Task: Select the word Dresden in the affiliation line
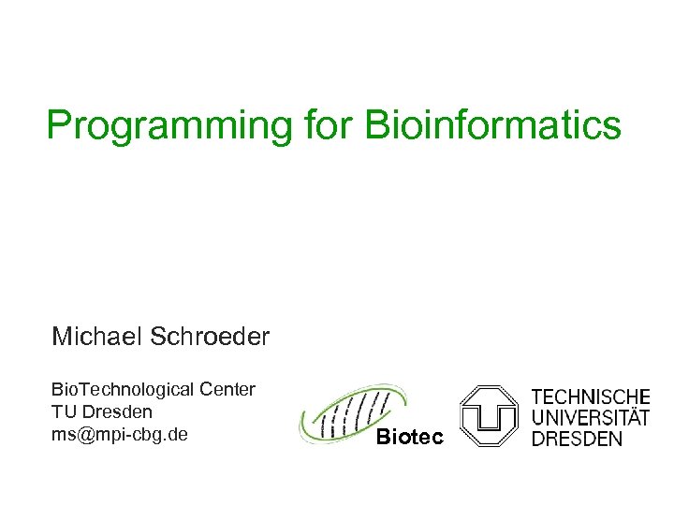[117, 411]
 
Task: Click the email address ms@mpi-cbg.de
[120, 434]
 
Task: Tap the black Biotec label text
[409, 437]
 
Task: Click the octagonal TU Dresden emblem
[489, 415]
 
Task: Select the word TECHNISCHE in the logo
[591, 397]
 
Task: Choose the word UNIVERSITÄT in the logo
[591, 418]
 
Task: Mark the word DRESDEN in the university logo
[577, 439]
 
